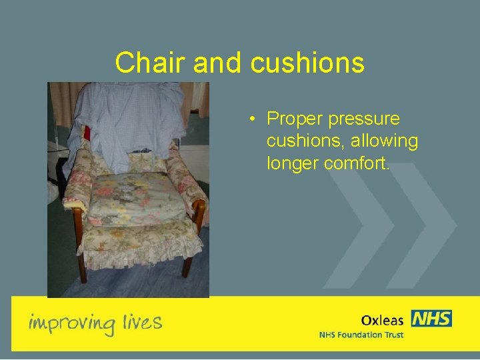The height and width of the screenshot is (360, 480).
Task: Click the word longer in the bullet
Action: point(293,164)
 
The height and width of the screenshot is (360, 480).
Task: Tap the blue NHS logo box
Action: point(431,319)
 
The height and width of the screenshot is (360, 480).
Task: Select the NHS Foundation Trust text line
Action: point(361,335)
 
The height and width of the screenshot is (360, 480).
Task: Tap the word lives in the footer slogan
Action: point(142,323)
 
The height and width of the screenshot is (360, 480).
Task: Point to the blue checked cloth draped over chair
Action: point(130,120)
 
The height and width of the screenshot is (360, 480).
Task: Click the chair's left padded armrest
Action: point(79,180)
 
